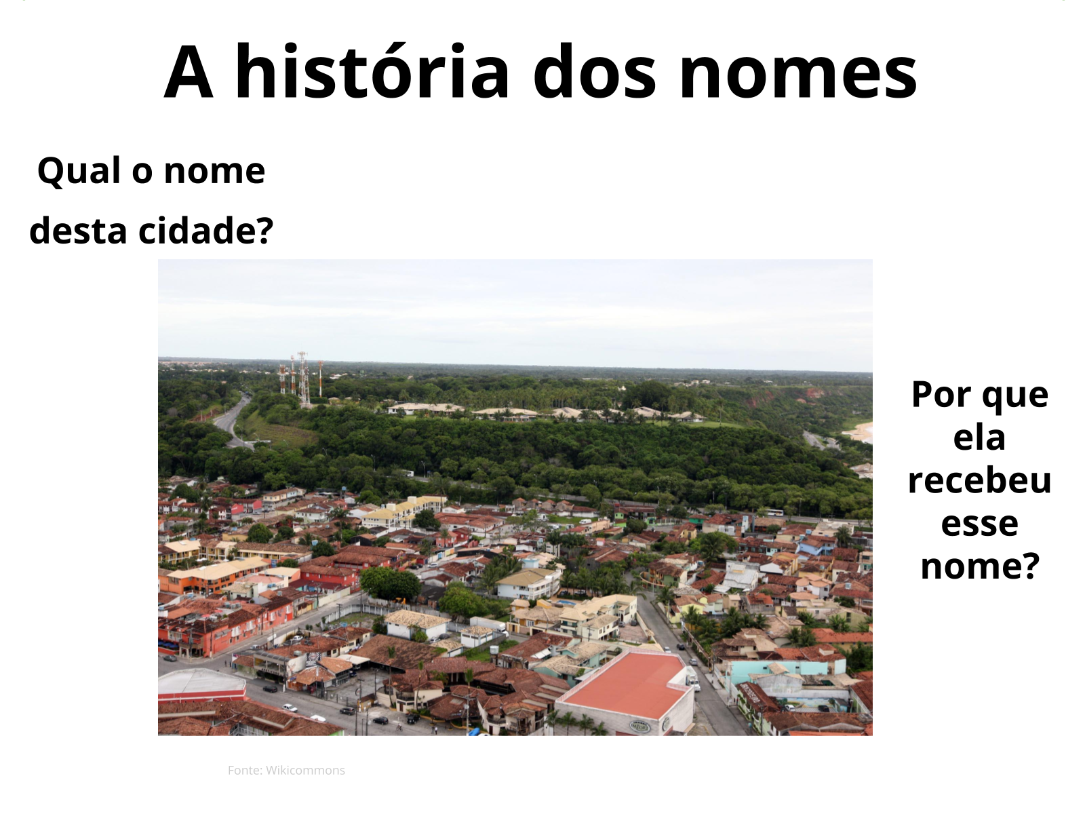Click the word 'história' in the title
(372, 71)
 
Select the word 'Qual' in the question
(79, 170)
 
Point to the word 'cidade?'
(205, 231)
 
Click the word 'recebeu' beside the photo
(979, 480)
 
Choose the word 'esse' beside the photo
(979, 524)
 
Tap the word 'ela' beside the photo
(979, 438)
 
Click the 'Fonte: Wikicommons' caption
(286, 770)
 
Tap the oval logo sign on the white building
(639, 726)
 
